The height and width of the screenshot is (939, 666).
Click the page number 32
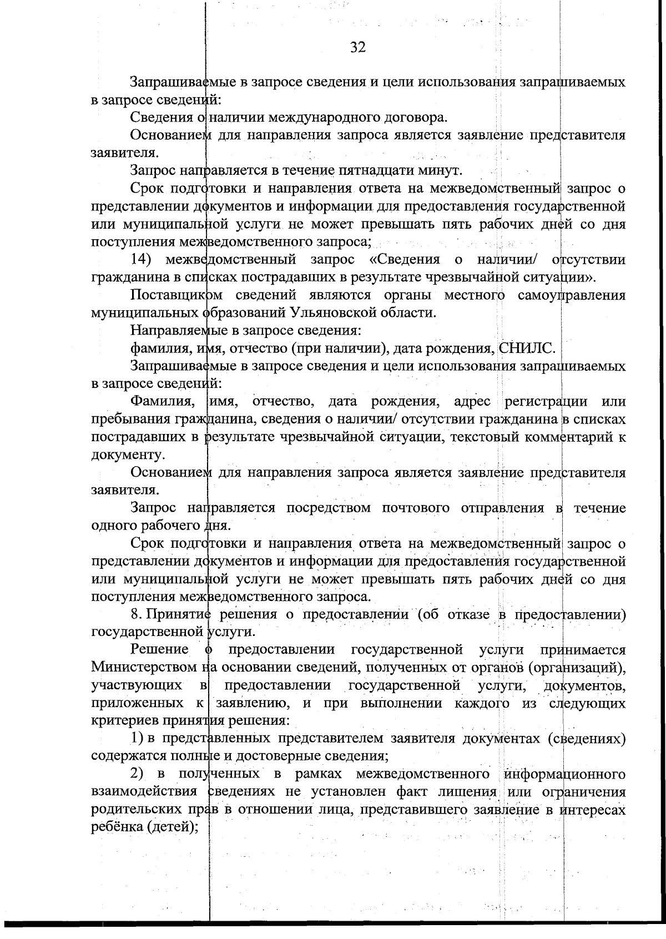pos(358,47)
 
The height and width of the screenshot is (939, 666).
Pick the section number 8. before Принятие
pos(134,614)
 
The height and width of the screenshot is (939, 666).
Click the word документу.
pos(127,455)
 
